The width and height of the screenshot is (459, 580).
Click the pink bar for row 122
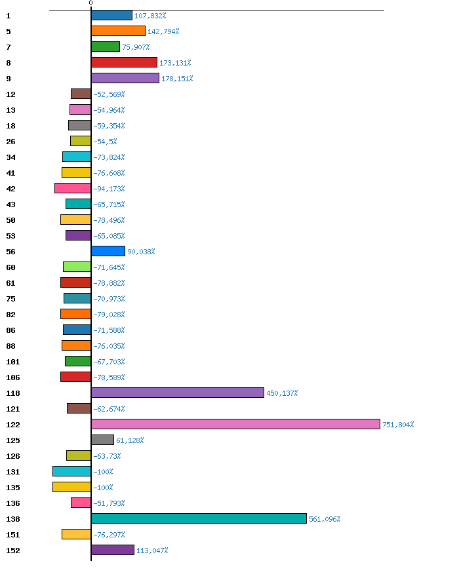[x=235, y=424]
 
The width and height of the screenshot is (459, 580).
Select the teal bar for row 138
[x=199, y=518]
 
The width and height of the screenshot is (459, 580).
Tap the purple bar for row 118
[x=177, y=393]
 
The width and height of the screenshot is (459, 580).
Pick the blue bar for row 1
[x=111, y=15]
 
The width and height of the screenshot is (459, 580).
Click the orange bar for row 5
[x=118, y=31]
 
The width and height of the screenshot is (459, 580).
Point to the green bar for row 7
[x=106, y=47]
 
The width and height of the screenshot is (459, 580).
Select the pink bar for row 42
[x=73, y=188]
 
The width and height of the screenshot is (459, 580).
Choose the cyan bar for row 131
[x=71, y=471]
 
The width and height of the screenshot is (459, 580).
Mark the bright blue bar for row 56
[x=108, y=251]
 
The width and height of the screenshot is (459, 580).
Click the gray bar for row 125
[x=102, y=440]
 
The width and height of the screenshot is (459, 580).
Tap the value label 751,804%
[x=398, y=425]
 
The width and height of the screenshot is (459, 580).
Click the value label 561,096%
[x=325, y=519]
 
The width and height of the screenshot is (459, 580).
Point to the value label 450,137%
[x=282, y=393]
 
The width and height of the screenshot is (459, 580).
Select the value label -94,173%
[x=109, y=189]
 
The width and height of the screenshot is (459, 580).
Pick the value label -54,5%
[x=105, y=142]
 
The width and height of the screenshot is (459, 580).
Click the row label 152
[x=13, y=551]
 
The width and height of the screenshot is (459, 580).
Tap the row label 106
[x=13, y=377]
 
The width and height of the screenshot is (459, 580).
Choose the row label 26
[x=10, y=142]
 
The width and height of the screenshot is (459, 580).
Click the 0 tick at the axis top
[x=90, y=3]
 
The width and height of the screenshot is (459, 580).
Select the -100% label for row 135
[x=103, y=488]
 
